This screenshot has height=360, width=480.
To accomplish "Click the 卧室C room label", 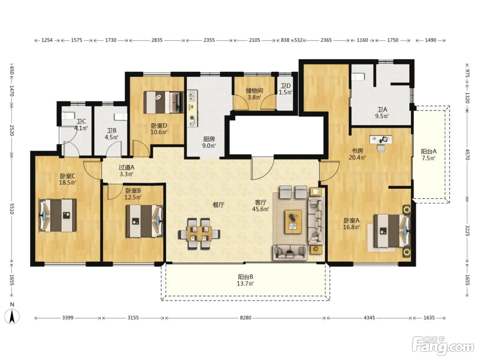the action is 68,176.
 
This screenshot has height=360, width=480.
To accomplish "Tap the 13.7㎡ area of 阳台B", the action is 245,284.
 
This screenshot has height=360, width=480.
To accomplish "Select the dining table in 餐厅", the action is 199,234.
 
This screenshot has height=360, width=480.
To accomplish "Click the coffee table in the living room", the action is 293,221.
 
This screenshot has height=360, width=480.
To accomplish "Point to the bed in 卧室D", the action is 164,102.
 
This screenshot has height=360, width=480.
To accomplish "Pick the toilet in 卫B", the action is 120,117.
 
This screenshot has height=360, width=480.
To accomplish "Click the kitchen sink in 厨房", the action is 192,96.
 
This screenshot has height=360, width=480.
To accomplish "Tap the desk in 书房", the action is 381,140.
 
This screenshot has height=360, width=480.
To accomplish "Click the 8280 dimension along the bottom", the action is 245,317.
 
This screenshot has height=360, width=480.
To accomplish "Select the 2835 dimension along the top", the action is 157,40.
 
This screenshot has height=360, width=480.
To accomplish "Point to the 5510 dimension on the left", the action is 12,208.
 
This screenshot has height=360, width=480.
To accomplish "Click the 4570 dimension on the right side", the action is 467,155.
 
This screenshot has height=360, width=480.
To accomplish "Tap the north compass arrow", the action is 12,316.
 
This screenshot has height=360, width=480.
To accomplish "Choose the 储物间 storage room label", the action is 254,90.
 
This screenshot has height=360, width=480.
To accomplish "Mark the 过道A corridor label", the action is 127,167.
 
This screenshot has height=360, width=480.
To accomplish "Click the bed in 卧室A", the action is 392,231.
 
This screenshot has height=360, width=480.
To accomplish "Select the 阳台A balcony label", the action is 429,151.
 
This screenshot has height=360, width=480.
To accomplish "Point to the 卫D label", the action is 286,86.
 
